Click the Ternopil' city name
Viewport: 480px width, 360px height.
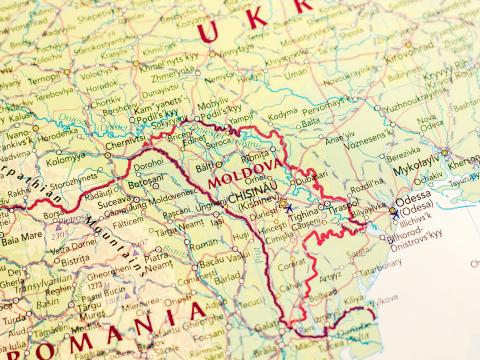click(x=42, y=78)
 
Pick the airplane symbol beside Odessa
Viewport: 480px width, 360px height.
click(x=396, y=213)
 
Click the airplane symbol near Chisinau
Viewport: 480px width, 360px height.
click(x=288, y=208)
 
